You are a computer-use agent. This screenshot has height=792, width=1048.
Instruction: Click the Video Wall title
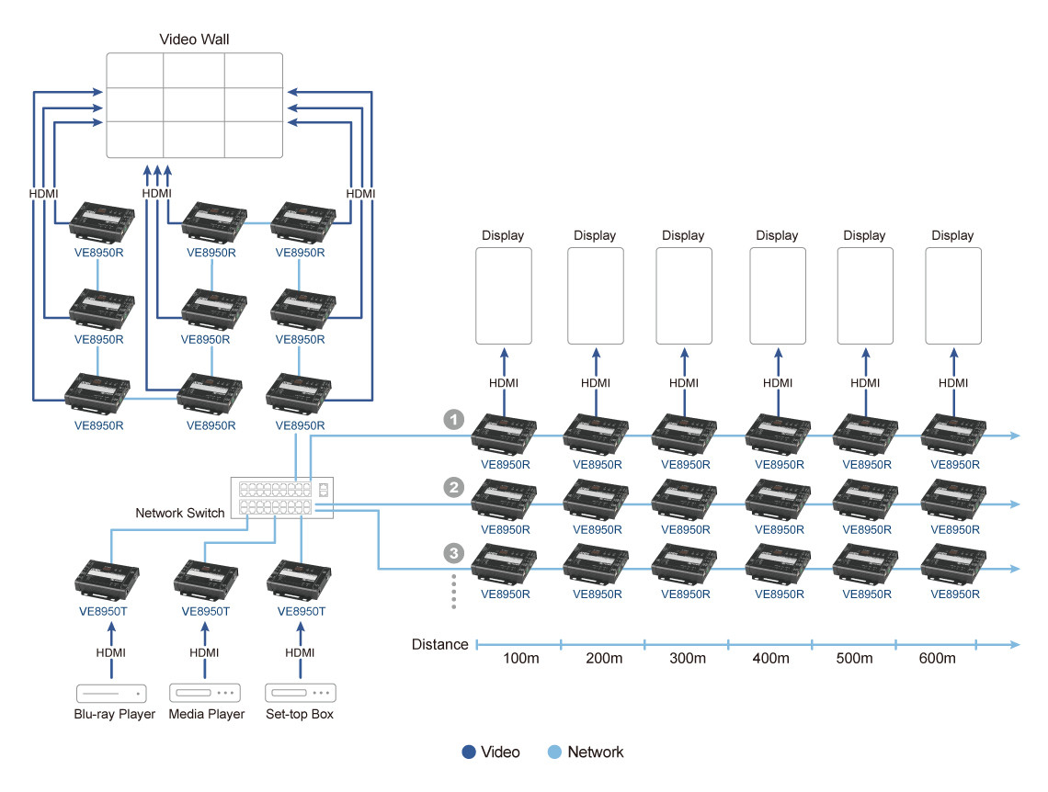click(194, 40)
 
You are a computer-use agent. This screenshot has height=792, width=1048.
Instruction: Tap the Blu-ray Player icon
click(110, 693)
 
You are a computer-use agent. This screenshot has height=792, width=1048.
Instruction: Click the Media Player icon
click(204, 693)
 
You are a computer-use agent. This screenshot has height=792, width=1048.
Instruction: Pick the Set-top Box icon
click(299, 693)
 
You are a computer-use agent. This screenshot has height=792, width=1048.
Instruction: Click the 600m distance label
click(937, 659)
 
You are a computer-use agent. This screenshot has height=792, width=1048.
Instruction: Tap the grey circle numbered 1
click(453, 420)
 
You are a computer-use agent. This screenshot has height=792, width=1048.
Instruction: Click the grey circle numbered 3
click(453, 553)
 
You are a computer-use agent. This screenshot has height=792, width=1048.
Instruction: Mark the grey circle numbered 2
click(453, 487)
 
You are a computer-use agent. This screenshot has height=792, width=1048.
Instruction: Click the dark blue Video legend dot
click(469, 752)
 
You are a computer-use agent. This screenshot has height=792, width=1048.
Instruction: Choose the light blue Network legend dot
click(554, 752)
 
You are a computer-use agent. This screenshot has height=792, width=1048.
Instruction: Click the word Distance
click(439, 644)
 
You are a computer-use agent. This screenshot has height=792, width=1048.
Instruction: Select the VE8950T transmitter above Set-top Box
click(298, 580)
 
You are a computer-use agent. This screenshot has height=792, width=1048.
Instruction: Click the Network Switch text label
click(179, 513)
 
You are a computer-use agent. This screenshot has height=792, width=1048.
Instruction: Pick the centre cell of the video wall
click(194, 106)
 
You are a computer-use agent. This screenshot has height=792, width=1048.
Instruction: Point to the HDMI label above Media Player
click(204, 652)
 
